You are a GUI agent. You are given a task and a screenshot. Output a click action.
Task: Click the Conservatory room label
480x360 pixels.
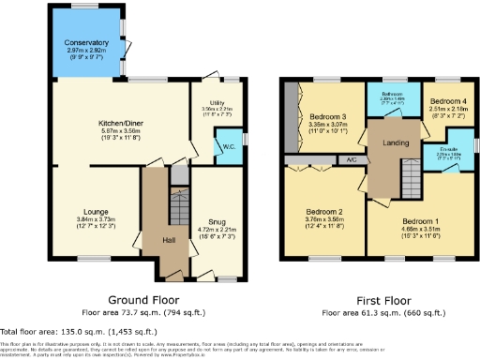pyautogui.click(x=86, y=43)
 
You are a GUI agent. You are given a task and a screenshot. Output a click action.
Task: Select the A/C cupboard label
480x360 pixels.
pyautogui.click(x=351, y=160)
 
